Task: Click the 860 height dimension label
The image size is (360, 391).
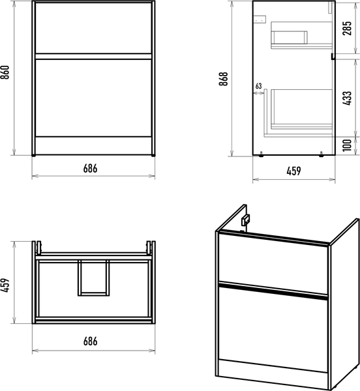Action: (5, 72)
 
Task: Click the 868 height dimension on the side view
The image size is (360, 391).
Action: (223, 79)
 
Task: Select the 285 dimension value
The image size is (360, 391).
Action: (347, 28)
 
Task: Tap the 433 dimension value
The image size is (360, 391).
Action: (347, 98)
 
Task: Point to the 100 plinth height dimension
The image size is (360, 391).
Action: (347, 145)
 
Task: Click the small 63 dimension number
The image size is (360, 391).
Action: (259, 86)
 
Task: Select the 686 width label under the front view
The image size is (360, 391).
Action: (90, 169)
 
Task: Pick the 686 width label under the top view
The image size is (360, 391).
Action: (90, 341)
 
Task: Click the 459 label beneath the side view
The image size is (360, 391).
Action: (293, 171)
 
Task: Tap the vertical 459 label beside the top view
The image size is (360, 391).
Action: (5, 285)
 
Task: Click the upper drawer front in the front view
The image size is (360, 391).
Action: (93, 27)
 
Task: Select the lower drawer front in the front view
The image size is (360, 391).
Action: (93, 98)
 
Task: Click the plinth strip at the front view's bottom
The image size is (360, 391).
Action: (93, 145)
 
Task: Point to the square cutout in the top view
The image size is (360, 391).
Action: (93, 278)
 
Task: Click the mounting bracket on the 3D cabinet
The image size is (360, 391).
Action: (245, 220)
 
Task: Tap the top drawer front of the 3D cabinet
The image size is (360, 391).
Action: (273, 263)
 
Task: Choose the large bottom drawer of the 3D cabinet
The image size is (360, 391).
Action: (273, 328)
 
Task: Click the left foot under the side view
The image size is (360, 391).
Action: (261, 154)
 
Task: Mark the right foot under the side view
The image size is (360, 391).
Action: (321, 154)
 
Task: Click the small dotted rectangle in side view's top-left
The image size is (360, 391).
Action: (260, 19)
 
